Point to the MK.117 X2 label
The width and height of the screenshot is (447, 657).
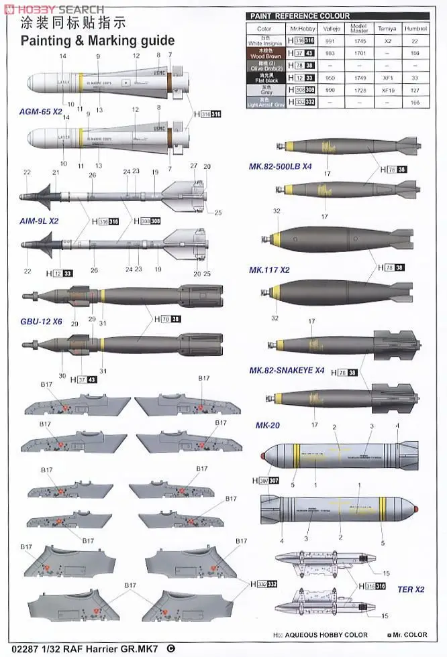[269, 270]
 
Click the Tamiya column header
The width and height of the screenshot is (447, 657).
[388, 29]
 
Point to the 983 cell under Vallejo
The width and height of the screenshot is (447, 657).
[330, 53]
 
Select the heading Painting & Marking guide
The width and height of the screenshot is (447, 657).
[97, 41]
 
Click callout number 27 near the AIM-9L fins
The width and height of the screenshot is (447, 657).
[193, 165]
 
